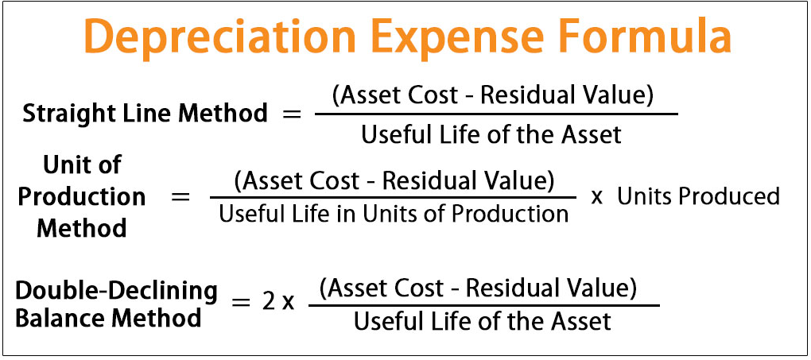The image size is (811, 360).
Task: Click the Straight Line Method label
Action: pyautogui.click(x=145, y=114)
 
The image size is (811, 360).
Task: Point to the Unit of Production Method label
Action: pyautogui.click(x=82, y=197)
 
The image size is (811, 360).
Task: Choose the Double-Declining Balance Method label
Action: pyautogui.click(x=116, y=304)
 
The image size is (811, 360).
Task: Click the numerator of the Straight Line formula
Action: pyautogui.click(x=493, y=97)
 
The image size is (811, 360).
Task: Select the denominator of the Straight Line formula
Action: pyautogui.click(x=491, y=134)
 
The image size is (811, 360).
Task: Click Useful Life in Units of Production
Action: pyautogui.click(x=394, y=214)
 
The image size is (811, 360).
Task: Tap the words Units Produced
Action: pyautogui.click(x=698, y=196)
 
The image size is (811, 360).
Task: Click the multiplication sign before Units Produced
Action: pyautogui.click(x=596, y=197)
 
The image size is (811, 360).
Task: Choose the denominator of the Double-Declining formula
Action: pyautogui.click(x=483, y=322)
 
